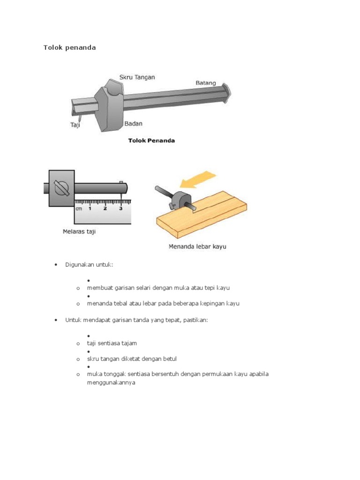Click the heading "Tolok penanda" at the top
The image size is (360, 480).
coord(69,47)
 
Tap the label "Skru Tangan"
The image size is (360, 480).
coord(137,77)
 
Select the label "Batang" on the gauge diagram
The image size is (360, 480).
coord(206,83)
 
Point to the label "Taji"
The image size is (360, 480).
coord(75,125)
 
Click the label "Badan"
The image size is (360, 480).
coord(133,124)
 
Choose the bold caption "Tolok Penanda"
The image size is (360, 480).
coord(151,141)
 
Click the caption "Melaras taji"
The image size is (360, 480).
coord(79,232)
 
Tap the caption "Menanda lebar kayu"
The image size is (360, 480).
coord(197,247)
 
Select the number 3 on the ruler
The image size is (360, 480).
coord(121,209)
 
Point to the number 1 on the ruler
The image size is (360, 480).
coord(90,209)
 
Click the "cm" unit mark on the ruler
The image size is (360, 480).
coord(79,209)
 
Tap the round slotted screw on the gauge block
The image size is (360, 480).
coord(61,188)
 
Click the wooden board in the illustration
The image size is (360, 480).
coord(202,214)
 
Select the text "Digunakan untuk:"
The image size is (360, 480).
coord(89,265)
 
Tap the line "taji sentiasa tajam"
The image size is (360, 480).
coord(112,343)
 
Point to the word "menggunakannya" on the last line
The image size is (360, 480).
coord(111,382)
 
